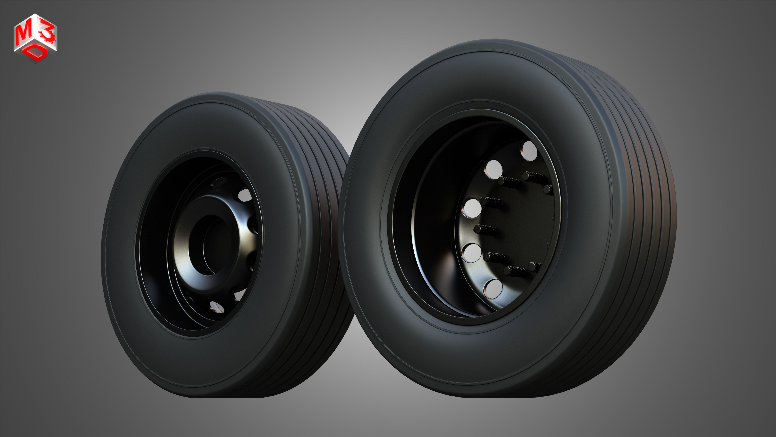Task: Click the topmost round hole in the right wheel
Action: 529,151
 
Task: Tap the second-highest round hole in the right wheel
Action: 493,169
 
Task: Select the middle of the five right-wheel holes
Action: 472,208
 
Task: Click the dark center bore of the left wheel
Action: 208,244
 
